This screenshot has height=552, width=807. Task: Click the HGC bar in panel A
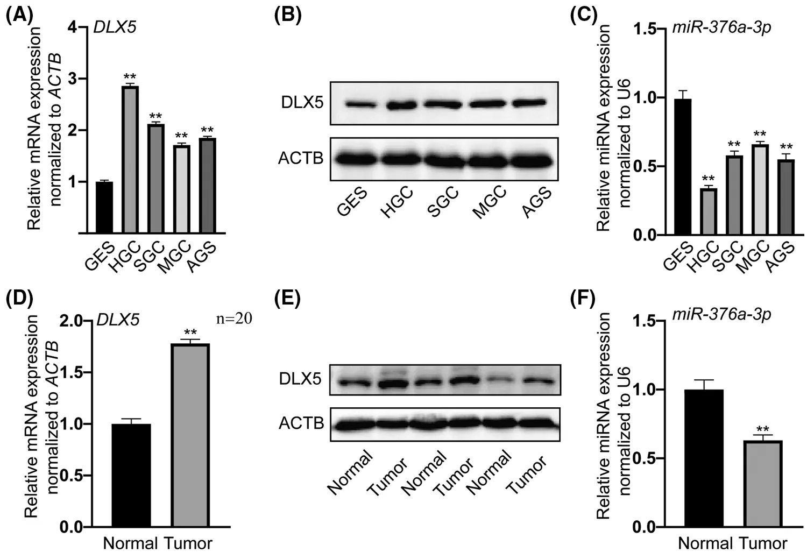[130, 159]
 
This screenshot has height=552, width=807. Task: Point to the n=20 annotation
[234, 319]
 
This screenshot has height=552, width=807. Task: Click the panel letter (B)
[288, 15]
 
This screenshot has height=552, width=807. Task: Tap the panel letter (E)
[288, 298]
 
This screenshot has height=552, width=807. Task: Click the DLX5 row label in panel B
[302, 102]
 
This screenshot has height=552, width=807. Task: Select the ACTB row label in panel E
[301, 423]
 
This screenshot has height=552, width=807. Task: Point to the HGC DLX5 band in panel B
[399, 105]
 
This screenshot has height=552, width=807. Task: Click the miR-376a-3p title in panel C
[721, 28]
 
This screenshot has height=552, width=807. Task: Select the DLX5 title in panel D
[118, 320]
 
